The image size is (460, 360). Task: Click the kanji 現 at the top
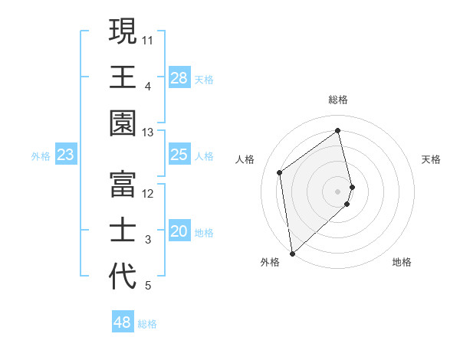pyautogui.click(x=122, y=32)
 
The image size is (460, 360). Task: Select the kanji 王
pyautogui.click(x=122, y=77)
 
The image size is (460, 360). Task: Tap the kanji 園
pyautogui.click(x=122, y=123)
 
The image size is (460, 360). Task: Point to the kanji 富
pyautogui.click(x=122, y=185)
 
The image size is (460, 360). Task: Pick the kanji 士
pyautogui.click(x=122, y=231)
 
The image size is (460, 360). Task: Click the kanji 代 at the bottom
pyautogui.click(x=122, y=276)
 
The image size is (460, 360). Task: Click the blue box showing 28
pyautogui.click(x=179, y=78)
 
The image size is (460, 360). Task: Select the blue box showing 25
pyautogui.click(x=179, y=155)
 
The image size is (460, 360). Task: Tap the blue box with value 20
pyautogui.click(x=179, y=231)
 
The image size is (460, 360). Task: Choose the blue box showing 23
pyautogui.click(x=66, y=155)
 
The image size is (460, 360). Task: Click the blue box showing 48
pyautogui.click(x=122, y=322)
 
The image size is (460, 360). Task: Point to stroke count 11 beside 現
pyautogui.click(x=148, y=39)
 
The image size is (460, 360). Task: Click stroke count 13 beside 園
pyautogui.click(x=148, y=133)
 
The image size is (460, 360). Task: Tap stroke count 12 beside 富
pyautogui.click(x=148, y=194)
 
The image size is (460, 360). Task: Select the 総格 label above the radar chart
pyautogui.click(x=338, y=100)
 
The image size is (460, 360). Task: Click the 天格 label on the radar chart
pyautogui.click(x=432, y=159)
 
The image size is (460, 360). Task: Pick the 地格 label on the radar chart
pyautogui.click(x=402, y=262)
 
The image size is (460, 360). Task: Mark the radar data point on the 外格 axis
pyautogui.click(x=292, y=253)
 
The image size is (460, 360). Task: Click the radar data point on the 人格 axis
pyautogui.click(x=280, y=172)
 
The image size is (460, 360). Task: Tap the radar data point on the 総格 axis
pyautogui.click(x=338, y=130)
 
